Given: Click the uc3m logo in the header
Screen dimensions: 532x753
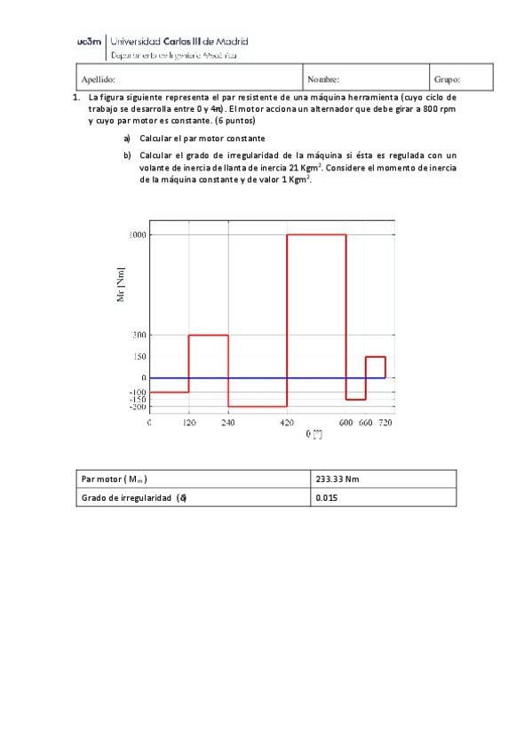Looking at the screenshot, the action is [89, 41].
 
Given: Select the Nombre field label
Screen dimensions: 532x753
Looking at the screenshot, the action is [323, 79].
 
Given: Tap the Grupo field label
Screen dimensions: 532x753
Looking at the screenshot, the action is [447, 79].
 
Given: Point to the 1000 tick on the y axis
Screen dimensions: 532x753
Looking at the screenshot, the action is [136, 234].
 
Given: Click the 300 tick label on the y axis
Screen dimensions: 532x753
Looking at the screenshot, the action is [138, 335].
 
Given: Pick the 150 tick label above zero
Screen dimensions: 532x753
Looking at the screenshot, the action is [138, 356].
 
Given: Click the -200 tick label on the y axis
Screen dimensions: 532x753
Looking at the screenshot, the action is [136, 407].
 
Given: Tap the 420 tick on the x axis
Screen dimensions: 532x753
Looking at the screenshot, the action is [286, 424].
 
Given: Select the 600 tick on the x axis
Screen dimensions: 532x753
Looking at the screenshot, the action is [345, 424].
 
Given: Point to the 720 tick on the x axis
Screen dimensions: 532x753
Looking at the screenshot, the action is [385, 424].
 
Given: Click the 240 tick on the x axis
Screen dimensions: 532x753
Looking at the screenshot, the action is [228, 424].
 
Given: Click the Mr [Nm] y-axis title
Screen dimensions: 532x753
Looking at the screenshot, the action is [122, 284].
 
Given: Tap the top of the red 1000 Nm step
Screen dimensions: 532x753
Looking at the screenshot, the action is [315, 234].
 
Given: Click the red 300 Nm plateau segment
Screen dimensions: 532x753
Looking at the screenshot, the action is [209, 335].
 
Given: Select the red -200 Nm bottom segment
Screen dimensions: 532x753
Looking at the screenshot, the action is [257, 407].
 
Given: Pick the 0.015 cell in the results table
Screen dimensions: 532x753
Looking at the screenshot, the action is [327, 498].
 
